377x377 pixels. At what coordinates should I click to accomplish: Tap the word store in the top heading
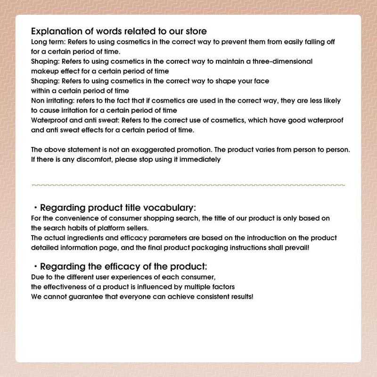tap(194, 32)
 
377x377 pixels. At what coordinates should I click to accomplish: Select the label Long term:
tap(47, 42)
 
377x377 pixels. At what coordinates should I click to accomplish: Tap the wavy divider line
tap(188, 185)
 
